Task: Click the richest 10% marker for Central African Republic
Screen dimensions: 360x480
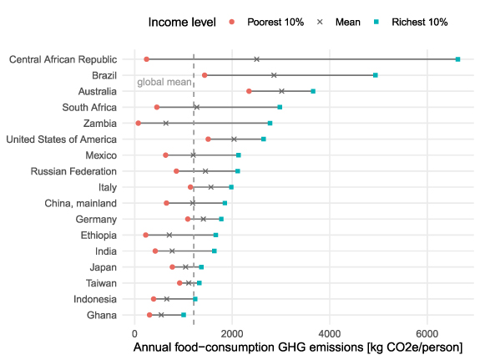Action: click(x=457, y=59)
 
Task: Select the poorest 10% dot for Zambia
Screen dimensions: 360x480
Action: click(x=139, y=123)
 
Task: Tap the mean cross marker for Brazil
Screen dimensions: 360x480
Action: click(x=274, y=75)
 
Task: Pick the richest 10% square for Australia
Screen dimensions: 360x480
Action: click(x=313, y=91)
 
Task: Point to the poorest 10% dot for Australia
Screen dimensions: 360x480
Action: click(x=249, y=91)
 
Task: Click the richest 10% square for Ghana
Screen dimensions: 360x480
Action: click(x=184, y=315)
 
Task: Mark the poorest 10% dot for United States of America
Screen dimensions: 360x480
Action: click(x=208, y=139)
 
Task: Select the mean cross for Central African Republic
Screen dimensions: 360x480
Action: click(x=256, y=59)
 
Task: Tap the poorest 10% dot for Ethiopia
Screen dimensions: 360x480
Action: click(x=146, y=236)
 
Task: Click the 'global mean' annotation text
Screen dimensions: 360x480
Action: click(x=164, y=82)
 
